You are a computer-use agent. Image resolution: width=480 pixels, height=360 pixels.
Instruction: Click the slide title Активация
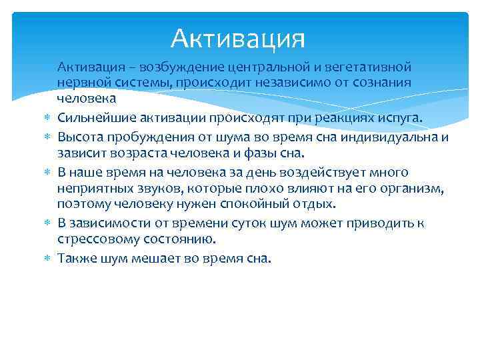pyautogui.click(x=237, y=39)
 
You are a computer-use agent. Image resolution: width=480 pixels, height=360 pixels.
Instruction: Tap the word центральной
pyautogui.click(x=263, y=67)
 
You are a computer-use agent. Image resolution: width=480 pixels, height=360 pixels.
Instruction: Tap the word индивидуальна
pyautogui.click(x=388, y=137)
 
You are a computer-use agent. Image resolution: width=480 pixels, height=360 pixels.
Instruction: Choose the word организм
pyautogui.click(x=414, y=188)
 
